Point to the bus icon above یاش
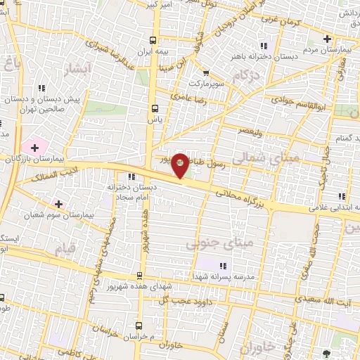click(x=155, y=108)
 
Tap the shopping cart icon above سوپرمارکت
click(x=205, y=72)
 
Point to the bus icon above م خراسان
click(x=139, y=326)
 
